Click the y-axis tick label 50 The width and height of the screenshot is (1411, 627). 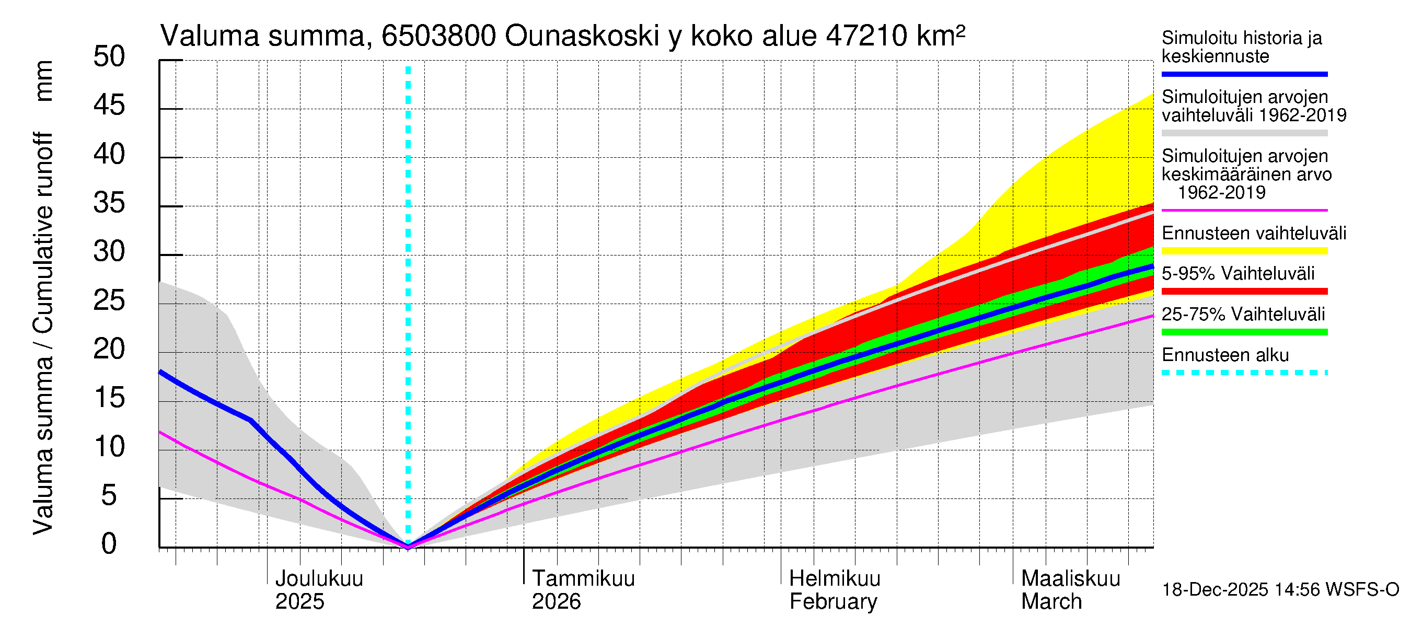coord(109,56)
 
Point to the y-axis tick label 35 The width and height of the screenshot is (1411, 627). coord(109,203)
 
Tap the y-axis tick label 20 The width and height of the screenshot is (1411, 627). coord(109,350)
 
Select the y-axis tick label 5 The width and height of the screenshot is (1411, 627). coord(109,495)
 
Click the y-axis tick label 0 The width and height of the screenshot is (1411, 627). coord(109,544)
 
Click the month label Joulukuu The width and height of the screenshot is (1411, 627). coord(319,579)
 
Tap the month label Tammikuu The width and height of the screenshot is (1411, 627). coord(583,579)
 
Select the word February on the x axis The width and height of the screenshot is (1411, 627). coord(833,602)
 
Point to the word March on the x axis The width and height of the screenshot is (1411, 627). coord(1051,602)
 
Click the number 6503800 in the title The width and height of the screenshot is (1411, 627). coord(439,37)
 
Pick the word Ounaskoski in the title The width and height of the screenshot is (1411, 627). coord(582,37)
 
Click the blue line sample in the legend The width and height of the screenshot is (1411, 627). coord(1244,74)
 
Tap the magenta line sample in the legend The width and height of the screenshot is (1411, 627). coord(1244,210)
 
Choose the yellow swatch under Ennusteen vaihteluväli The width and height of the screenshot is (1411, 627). coord(1244,251)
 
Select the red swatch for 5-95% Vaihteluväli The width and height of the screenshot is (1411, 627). coord(1244,292)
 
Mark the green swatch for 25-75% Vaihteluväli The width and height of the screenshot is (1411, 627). coord(1244,332)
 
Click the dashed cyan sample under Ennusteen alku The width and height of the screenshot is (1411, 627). coord(1244,373)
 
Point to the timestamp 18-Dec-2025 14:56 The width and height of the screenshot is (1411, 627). coord(1215,590)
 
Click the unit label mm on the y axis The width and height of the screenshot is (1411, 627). coord(44,80)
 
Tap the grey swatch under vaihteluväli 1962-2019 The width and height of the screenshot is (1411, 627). coord(1244,133)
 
